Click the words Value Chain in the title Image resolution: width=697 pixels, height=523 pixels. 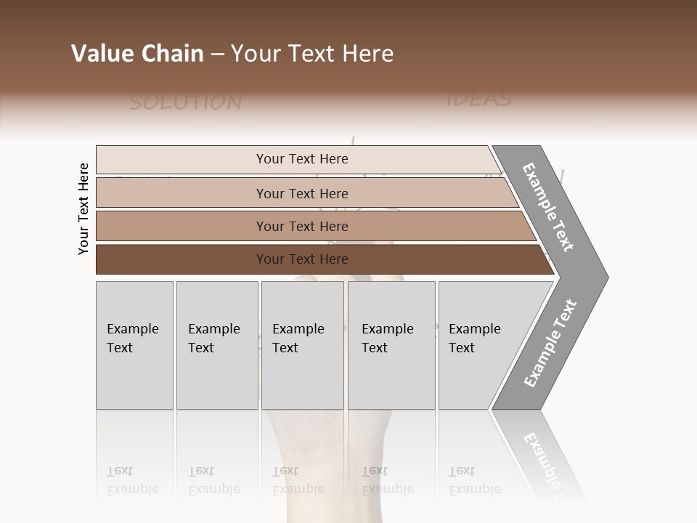(x=137, y=54)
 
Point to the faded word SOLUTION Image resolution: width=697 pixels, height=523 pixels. (x=185, y=102)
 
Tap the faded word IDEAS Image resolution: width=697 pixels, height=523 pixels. (x=478, y=99)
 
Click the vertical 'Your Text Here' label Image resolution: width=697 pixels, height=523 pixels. (x=83, y=208)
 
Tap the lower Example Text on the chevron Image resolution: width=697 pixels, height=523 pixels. (x=550, y=343)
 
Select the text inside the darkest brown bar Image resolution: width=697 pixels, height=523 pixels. (x=302, y=259)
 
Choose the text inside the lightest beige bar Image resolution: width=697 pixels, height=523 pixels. (x=302, y=159)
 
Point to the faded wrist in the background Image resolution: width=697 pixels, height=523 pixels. (x=327, y=450)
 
